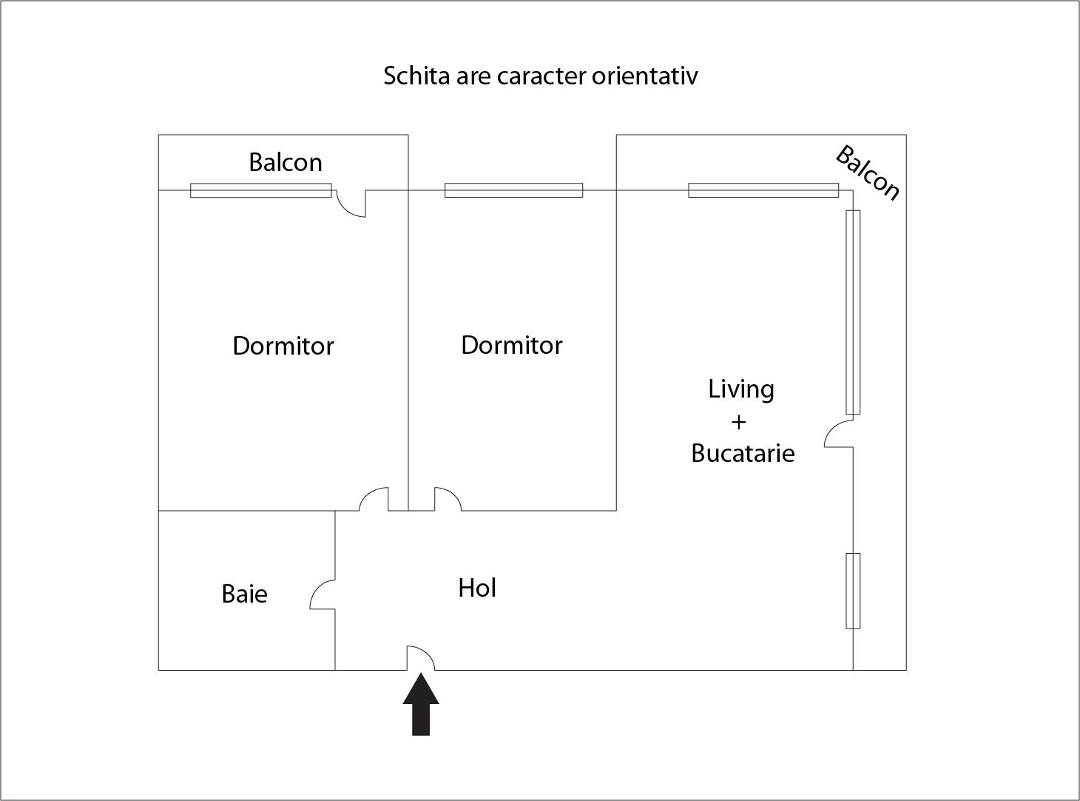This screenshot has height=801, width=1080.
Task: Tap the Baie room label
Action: tap(244, 594)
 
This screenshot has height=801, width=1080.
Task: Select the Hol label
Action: tap(477, 588)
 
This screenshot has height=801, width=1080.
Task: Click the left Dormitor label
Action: tap(283, 346)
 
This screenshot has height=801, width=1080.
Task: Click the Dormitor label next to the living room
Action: tap(511, 345)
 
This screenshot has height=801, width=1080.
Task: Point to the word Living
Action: tap(741, 389)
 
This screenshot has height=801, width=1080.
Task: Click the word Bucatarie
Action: tap(743, 453)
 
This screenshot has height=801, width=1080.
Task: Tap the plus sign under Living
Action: tap(738, 422)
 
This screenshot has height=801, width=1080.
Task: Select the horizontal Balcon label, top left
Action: tap(285, 162)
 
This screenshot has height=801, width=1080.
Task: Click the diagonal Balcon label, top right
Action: tap(868, 173)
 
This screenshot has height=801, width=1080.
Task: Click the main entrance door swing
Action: tap(419, 657)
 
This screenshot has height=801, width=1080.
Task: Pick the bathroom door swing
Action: tap(323, 595)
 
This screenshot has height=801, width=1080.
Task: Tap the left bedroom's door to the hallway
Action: tap(374, 499)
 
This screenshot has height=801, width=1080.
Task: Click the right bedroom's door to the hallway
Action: tap(447, 499)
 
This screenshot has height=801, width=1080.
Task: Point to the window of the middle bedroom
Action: tap(513, 190)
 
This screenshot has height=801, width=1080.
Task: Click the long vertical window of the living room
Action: tap(853, 312)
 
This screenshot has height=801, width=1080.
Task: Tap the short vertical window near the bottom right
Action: tap(853, 591)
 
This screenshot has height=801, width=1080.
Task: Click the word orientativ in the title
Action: tap(644, 76)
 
